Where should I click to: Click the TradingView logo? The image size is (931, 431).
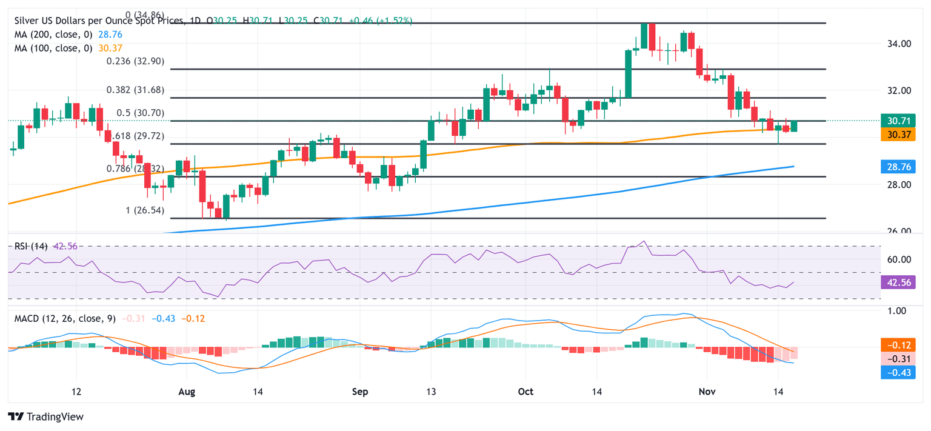coord(45,416)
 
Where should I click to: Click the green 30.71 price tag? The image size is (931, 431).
coord(898,121)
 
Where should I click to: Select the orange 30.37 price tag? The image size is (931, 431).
coord(898,135)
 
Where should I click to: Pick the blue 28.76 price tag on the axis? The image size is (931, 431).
coord(898,166)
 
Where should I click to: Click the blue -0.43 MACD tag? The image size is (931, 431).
coord(898,372)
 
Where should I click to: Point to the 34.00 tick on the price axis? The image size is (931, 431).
coord(897,44)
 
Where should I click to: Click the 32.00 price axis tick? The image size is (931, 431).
coord(897,90)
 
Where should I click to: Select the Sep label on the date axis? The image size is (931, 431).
coord(360,392)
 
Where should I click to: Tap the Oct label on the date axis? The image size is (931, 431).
coord(526,392)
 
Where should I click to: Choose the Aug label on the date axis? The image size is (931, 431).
coord(187,392)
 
